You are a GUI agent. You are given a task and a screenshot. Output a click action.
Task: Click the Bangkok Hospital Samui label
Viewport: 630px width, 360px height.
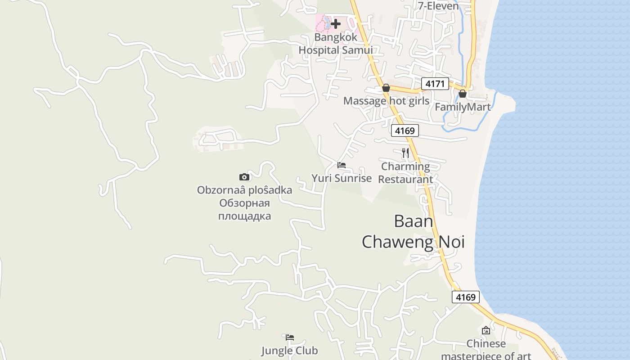(335, 44)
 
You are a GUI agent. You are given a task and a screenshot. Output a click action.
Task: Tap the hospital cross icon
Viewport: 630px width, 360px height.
(336, 24)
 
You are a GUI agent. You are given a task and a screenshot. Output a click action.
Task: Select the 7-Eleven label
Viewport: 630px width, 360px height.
(438, 6)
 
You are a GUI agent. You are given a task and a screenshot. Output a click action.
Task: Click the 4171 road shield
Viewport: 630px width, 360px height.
(435, 83)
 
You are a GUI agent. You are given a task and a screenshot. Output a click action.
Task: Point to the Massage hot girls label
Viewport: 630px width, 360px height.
(386, 101)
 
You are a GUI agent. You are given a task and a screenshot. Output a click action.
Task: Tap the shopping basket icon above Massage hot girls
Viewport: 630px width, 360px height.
(386, 88)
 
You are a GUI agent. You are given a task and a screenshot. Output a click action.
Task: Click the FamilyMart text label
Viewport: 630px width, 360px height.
(463, 107)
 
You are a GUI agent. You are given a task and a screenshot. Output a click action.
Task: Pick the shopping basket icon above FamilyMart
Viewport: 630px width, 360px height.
(463, 94)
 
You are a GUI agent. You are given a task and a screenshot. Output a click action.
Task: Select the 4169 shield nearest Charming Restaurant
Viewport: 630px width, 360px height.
(405, 130)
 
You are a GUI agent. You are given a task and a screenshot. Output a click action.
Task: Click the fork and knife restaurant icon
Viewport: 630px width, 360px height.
(405, 153)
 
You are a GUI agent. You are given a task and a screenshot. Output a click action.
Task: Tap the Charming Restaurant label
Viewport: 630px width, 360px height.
(405, 173)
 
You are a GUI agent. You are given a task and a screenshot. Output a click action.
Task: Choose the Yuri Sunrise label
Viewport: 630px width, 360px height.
(342, 178)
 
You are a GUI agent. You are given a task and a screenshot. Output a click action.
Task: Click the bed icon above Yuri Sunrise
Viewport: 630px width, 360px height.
(342, 165)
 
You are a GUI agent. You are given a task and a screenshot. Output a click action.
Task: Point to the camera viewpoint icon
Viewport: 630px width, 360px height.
(244, 177)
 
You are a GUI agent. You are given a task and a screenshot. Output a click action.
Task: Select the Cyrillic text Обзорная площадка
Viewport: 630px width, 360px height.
(244, 210)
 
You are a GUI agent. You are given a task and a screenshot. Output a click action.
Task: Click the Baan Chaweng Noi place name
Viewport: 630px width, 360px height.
(413, 231)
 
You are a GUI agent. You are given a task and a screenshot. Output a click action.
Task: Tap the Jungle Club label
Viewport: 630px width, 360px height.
(289, 351)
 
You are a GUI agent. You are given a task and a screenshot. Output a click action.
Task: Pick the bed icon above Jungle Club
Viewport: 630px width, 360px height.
(290, 337)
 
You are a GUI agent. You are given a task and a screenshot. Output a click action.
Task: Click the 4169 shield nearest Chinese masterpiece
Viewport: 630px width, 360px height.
(466, 297)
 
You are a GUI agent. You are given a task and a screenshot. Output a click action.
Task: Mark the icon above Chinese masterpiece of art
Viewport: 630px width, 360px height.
(486, 330)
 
